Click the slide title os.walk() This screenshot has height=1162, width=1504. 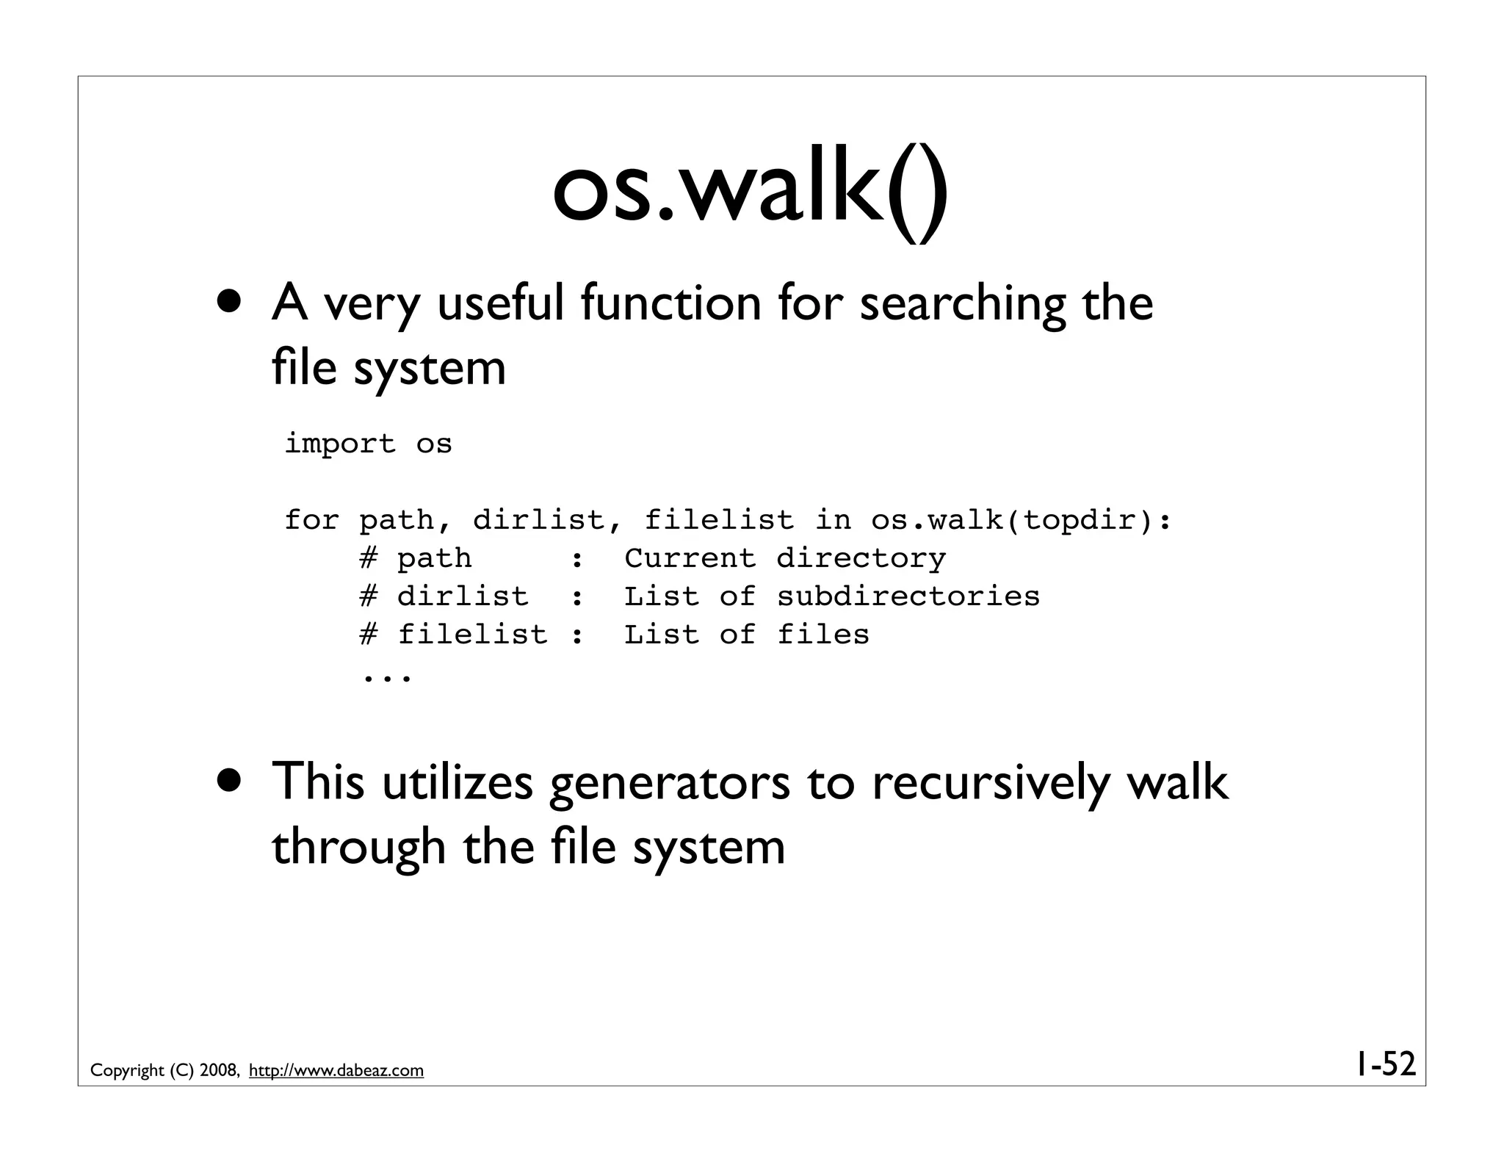coord(750,193)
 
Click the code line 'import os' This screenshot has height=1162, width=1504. coord(368,444)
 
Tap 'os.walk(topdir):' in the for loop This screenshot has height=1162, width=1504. coord(1021,520)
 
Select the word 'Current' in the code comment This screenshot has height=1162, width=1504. coord(690,558)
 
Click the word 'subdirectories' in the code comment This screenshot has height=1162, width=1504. coord(908,596)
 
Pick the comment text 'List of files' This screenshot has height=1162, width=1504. coord(746,635)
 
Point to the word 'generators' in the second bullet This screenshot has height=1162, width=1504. coord(669,783)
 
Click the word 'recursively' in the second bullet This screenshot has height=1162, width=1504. coord(991,783)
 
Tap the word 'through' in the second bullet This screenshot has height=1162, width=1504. coord(358,847)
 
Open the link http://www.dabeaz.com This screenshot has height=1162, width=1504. coord(336,1071)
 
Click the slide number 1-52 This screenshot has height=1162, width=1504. coord(1385,1064)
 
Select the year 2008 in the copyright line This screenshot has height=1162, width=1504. coord(217,1071)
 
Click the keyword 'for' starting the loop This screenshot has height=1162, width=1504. coord(311,520)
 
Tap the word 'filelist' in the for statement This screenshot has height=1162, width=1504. coord(719,520)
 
